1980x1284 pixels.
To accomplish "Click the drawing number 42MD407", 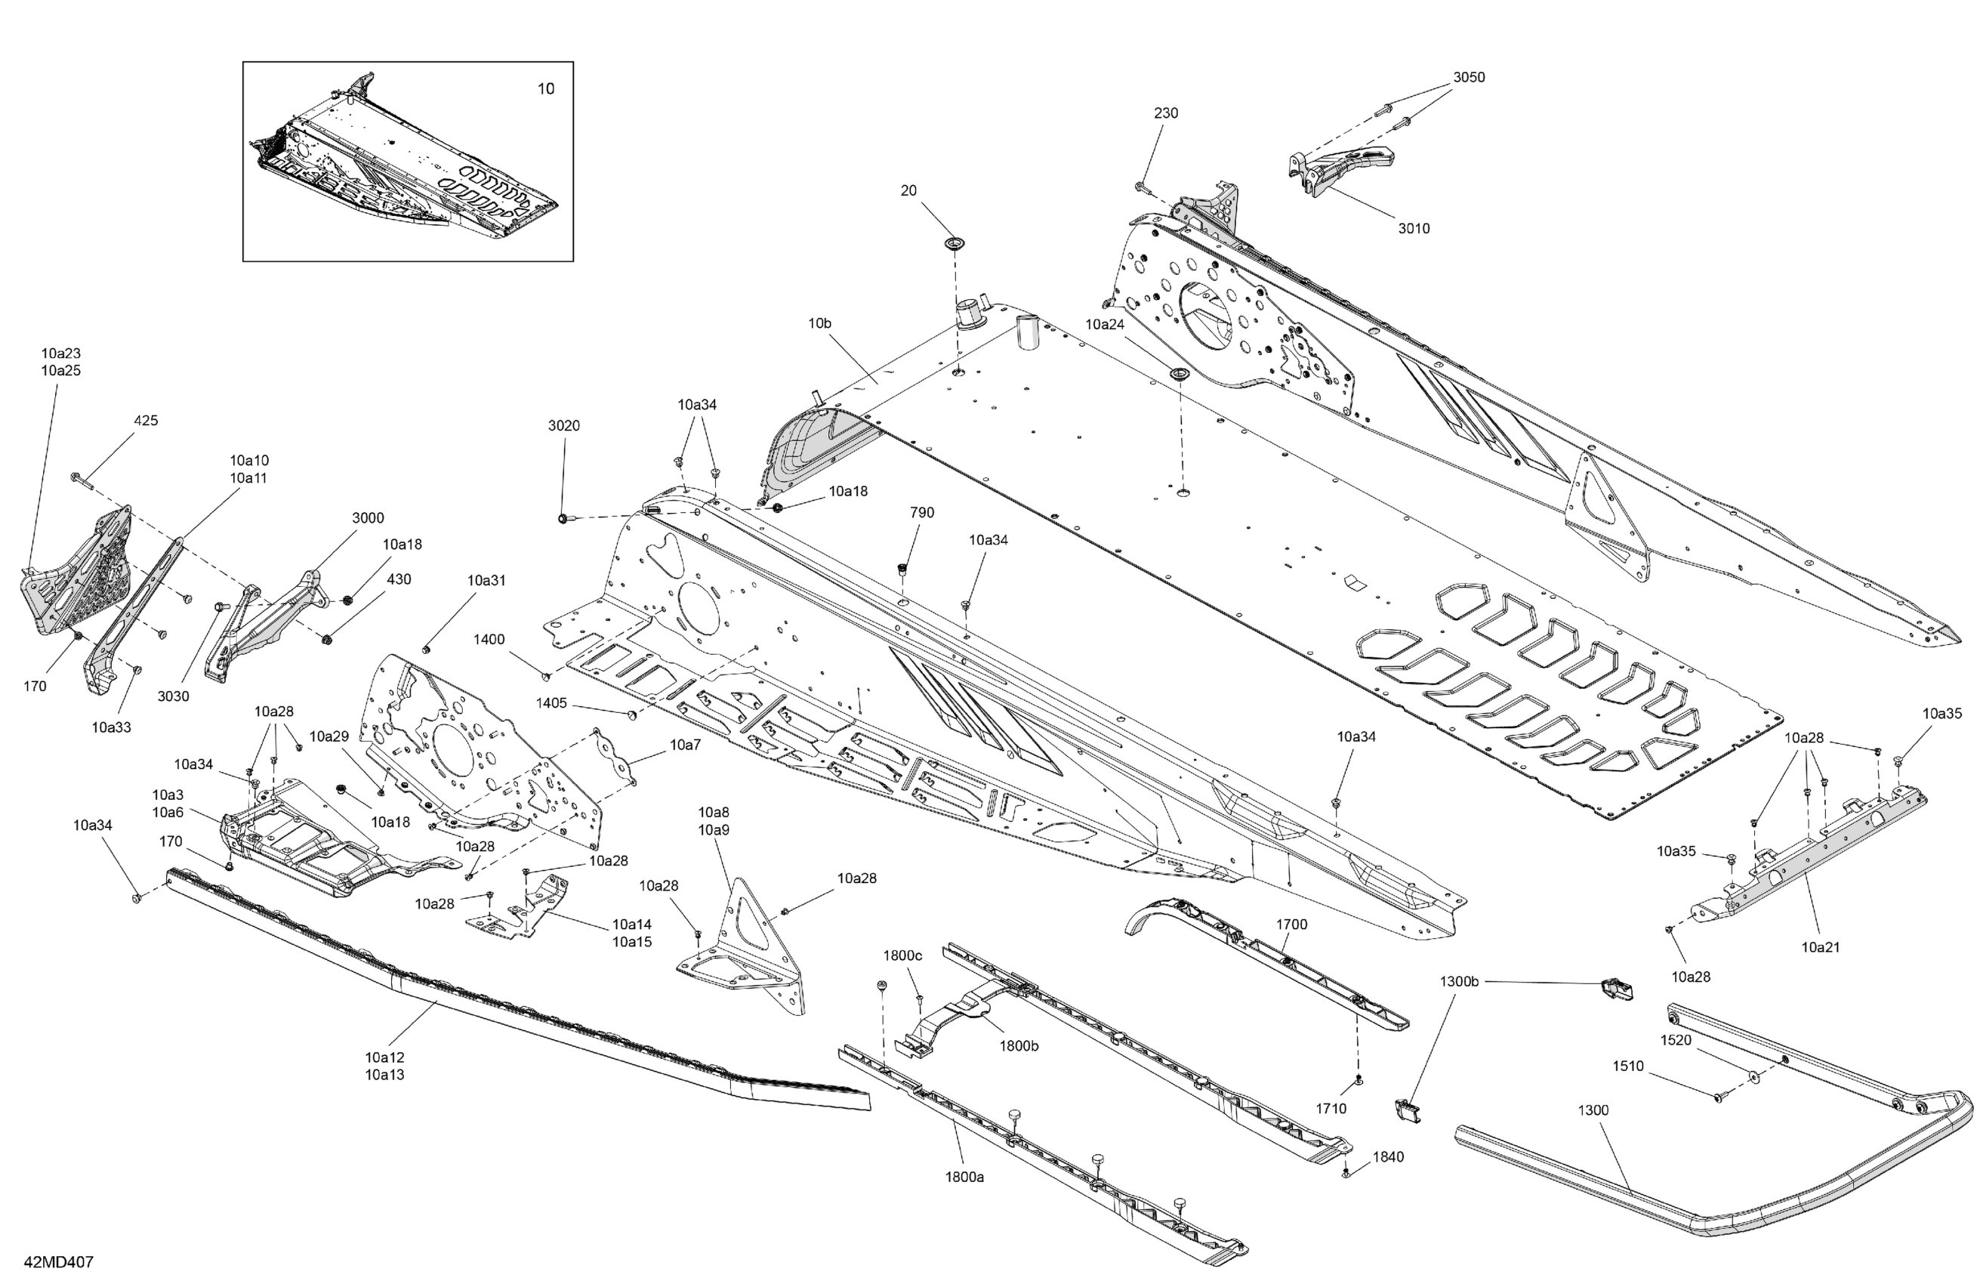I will tap(59, 1261).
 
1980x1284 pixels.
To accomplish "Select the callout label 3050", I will tap(1468, 77).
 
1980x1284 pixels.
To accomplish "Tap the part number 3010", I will tap(1414, 228).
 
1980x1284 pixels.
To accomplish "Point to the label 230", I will tap(1165, 113).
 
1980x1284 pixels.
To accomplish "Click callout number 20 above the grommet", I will tap(908, 190).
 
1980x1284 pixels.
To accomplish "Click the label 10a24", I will tap(1105, 324).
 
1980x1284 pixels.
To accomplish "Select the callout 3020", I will tap(563, 425).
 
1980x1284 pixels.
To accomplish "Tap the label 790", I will tap(922, 513).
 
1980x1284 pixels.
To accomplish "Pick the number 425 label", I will tap(146, 420).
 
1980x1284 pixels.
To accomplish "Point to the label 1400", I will tap(489, 639).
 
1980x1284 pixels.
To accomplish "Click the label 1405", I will tap(551, 703).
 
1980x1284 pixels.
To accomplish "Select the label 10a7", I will tap(685, 745).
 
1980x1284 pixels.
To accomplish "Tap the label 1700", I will tap(1291, 924).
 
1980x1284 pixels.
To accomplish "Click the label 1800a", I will tap(964, 1177).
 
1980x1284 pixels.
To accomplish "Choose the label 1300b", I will tap(1459, 981).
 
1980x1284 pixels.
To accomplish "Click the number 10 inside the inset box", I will tap(546, 89).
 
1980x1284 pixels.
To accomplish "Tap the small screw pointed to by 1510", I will tap(1717, 1099).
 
